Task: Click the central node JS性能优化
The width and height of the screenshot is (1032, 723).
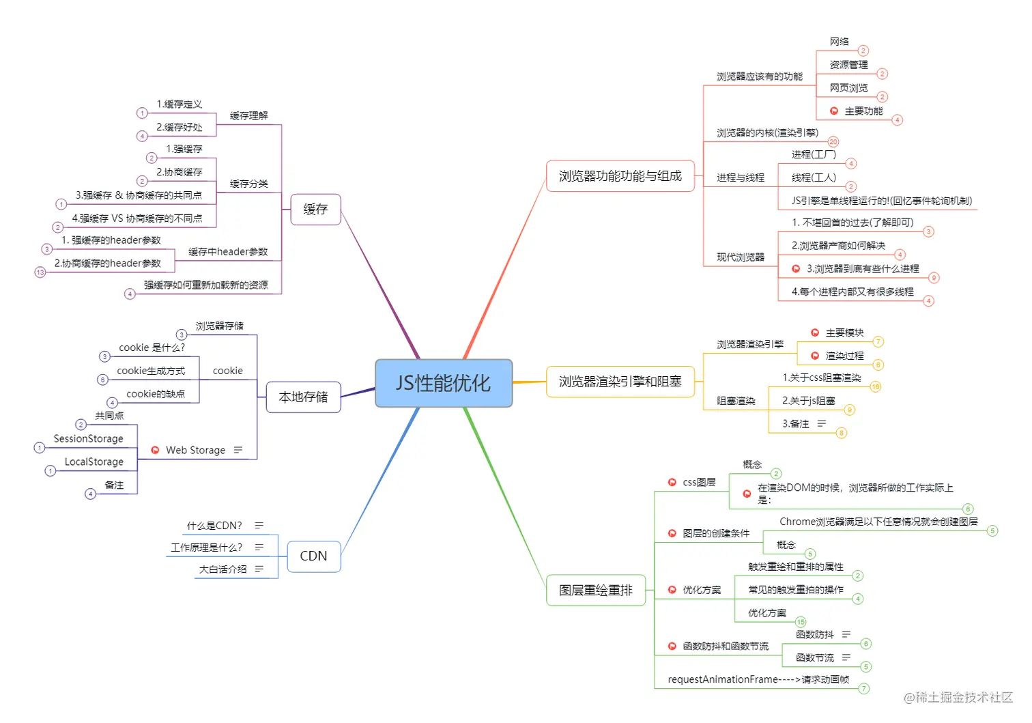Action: click(x=444, y=383)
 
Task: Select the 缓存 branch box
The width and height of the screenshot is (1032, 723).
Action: click(x=315, y=210)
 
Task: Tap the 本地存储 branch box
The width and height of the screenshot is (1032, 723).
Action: click(x=303, y=397)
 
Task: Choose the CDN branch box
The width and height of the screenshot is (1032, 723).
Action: click(x=313, y=556)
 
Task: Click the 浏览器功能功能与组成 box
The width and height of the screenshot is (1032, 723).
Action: click(x=620, y=176)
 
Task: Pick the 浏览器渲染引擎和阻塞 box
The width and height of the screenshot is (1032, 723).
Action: click(x=620, y=382)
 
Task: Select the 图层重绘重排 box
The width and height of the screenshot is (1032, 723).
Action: click(x=595, y=590)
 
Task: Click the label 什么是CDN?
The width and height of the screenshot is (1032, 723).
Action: click(x=214, y=526)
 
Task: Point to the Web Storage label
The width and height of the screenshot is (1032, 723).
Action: click(x=195, y=450)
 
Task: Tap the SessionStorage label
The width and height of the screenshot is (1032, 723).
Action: click(x=89, y=438)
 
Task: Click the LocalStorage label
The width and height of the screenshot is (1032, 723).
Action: click(x=94, y=462)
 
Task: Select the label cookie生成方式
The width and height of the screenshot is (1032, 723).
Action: click(x=151, y=371)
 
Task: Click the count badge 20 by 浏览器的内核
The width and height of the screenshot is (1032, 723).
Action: click(x=833, y=142)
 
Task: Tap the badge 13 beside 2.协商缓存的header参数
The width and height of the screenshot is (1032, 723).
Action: click(x=40, y=272)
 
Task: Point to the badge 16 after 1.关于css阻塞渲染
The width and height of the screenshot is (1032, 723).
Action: click(x=876, y=386)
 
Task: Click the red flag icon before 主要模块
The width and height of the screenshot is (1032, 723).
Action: click(x=815, y=332)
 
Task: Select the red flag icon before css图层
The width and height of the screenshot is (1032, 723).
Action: click(x=672, y=482)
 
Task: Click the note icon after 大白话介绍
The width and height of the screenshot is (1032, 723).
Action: click(x=259, y=569)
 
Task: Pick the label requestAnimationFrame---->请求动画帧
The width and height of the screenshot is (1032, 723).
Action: click(x=758, y=679)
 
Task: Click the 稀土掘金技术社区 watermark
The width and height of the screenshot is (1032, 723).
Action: click(x=958, y=697)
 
